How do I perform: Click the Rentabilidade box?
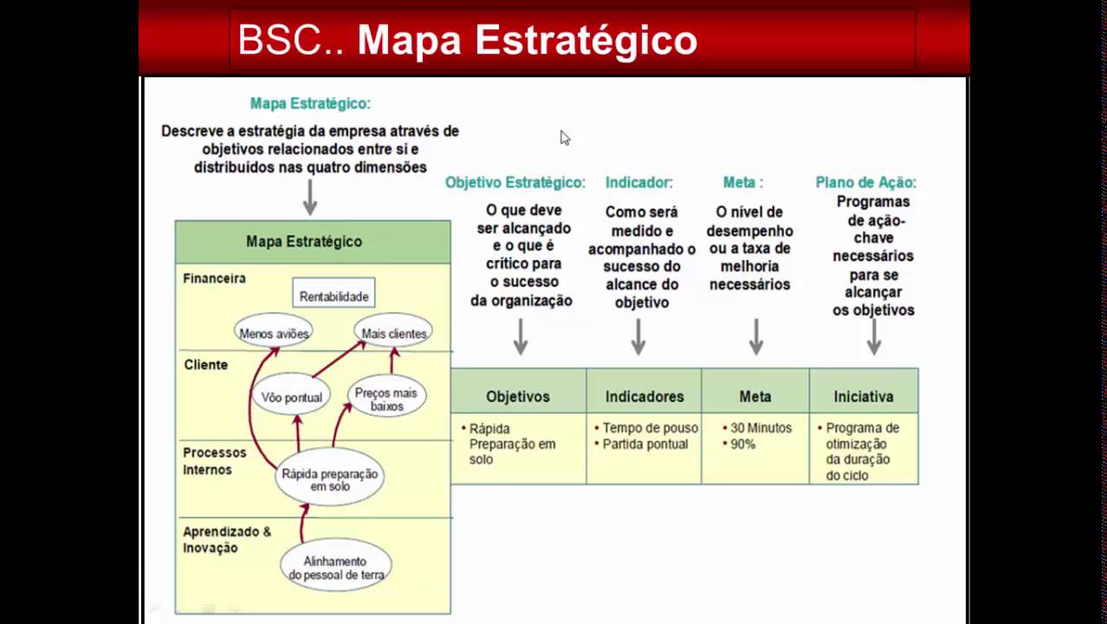point(333,296)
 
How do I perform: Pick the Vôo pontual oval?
point(292,397)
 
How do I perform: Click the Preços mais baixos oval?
point(385,399)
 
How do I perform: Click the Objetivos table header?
point(518,396)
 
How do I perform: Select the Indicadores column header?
point(644,396)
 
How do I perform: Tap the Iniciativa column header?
point(863,396)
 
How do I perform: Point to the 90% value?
point(742,444)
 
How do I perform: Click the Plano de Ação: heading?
point(865,182)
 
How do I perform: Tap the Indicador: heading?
point(638,182)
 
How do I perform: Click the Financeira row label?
point(214,278)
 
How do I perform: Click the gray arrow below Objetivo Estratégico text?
point(521,336)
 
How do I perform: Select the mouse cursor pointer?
point(565,138)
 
